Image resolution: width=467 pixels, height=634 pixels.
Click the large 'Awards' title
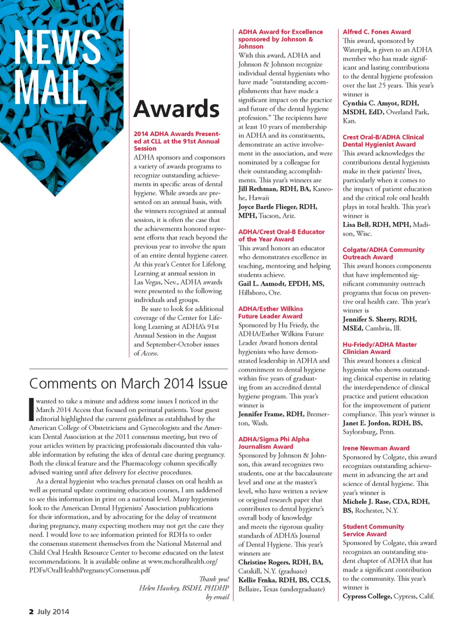coord(177,109)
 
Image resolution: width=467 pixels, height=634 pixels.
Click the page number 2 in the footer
coord(31,612)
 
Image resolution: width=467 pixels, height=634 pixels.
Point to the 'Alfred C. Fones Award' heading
coord(377,32)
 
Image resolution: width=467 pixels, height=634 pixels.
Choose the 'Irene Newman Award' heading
coord(376,448)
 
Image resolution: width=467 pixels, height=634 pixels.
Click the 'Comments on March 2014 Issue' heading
coord(128,383)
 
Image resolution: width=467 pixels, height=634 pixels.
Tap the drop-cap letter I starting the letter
coord(32,409)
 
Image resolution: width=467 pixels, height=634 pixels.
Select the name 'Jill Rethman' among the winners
coord(257,189)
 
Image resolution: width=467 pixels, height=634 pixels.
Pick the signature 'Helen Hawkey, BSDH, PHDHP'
coord(184,588)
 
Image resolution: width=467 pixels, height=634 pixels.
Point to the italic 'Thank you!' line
coord(214,579)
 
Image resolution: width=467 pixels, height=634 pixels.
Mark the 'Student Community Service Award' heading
coord(373,530)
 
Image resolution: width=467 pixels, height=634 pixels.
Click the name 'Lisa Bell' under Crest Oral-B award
coord(356,224)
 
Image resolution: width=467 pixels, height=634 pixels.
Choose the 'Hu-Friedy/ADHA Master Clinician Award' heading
coord(379,348)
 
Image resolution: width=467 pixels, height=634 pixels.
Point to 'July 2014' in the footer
coord(53,612)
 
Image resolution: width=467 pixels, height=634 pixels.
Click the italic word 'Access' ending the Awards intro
coord(149,354)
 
